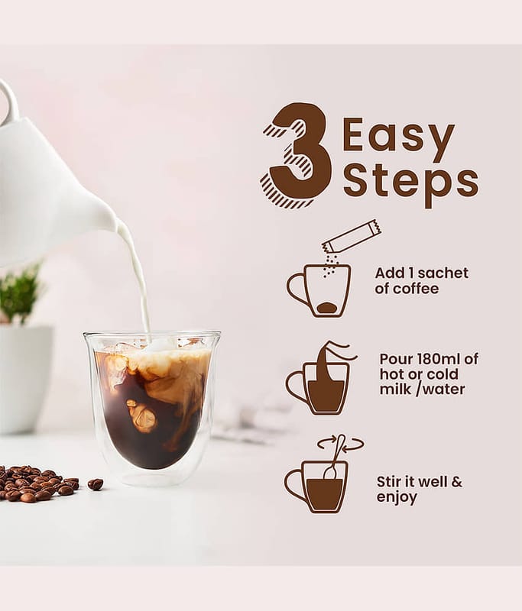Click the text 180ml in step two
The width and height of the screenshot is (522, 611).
point(433,358)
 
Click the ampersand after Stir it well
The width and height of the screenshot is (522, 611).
point(456,482)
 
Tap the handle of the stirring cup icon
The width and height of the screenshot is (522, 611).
point(295,486)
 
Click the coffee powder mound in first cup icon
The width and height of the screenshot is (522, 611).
point(327,308)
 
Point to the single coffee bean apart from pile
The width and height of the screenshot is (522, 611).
point(96,484)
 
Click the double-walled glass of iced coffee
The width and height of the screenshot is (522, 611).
point(151,408)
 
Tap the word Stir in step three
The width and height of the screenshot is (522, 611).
point(390,482)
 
